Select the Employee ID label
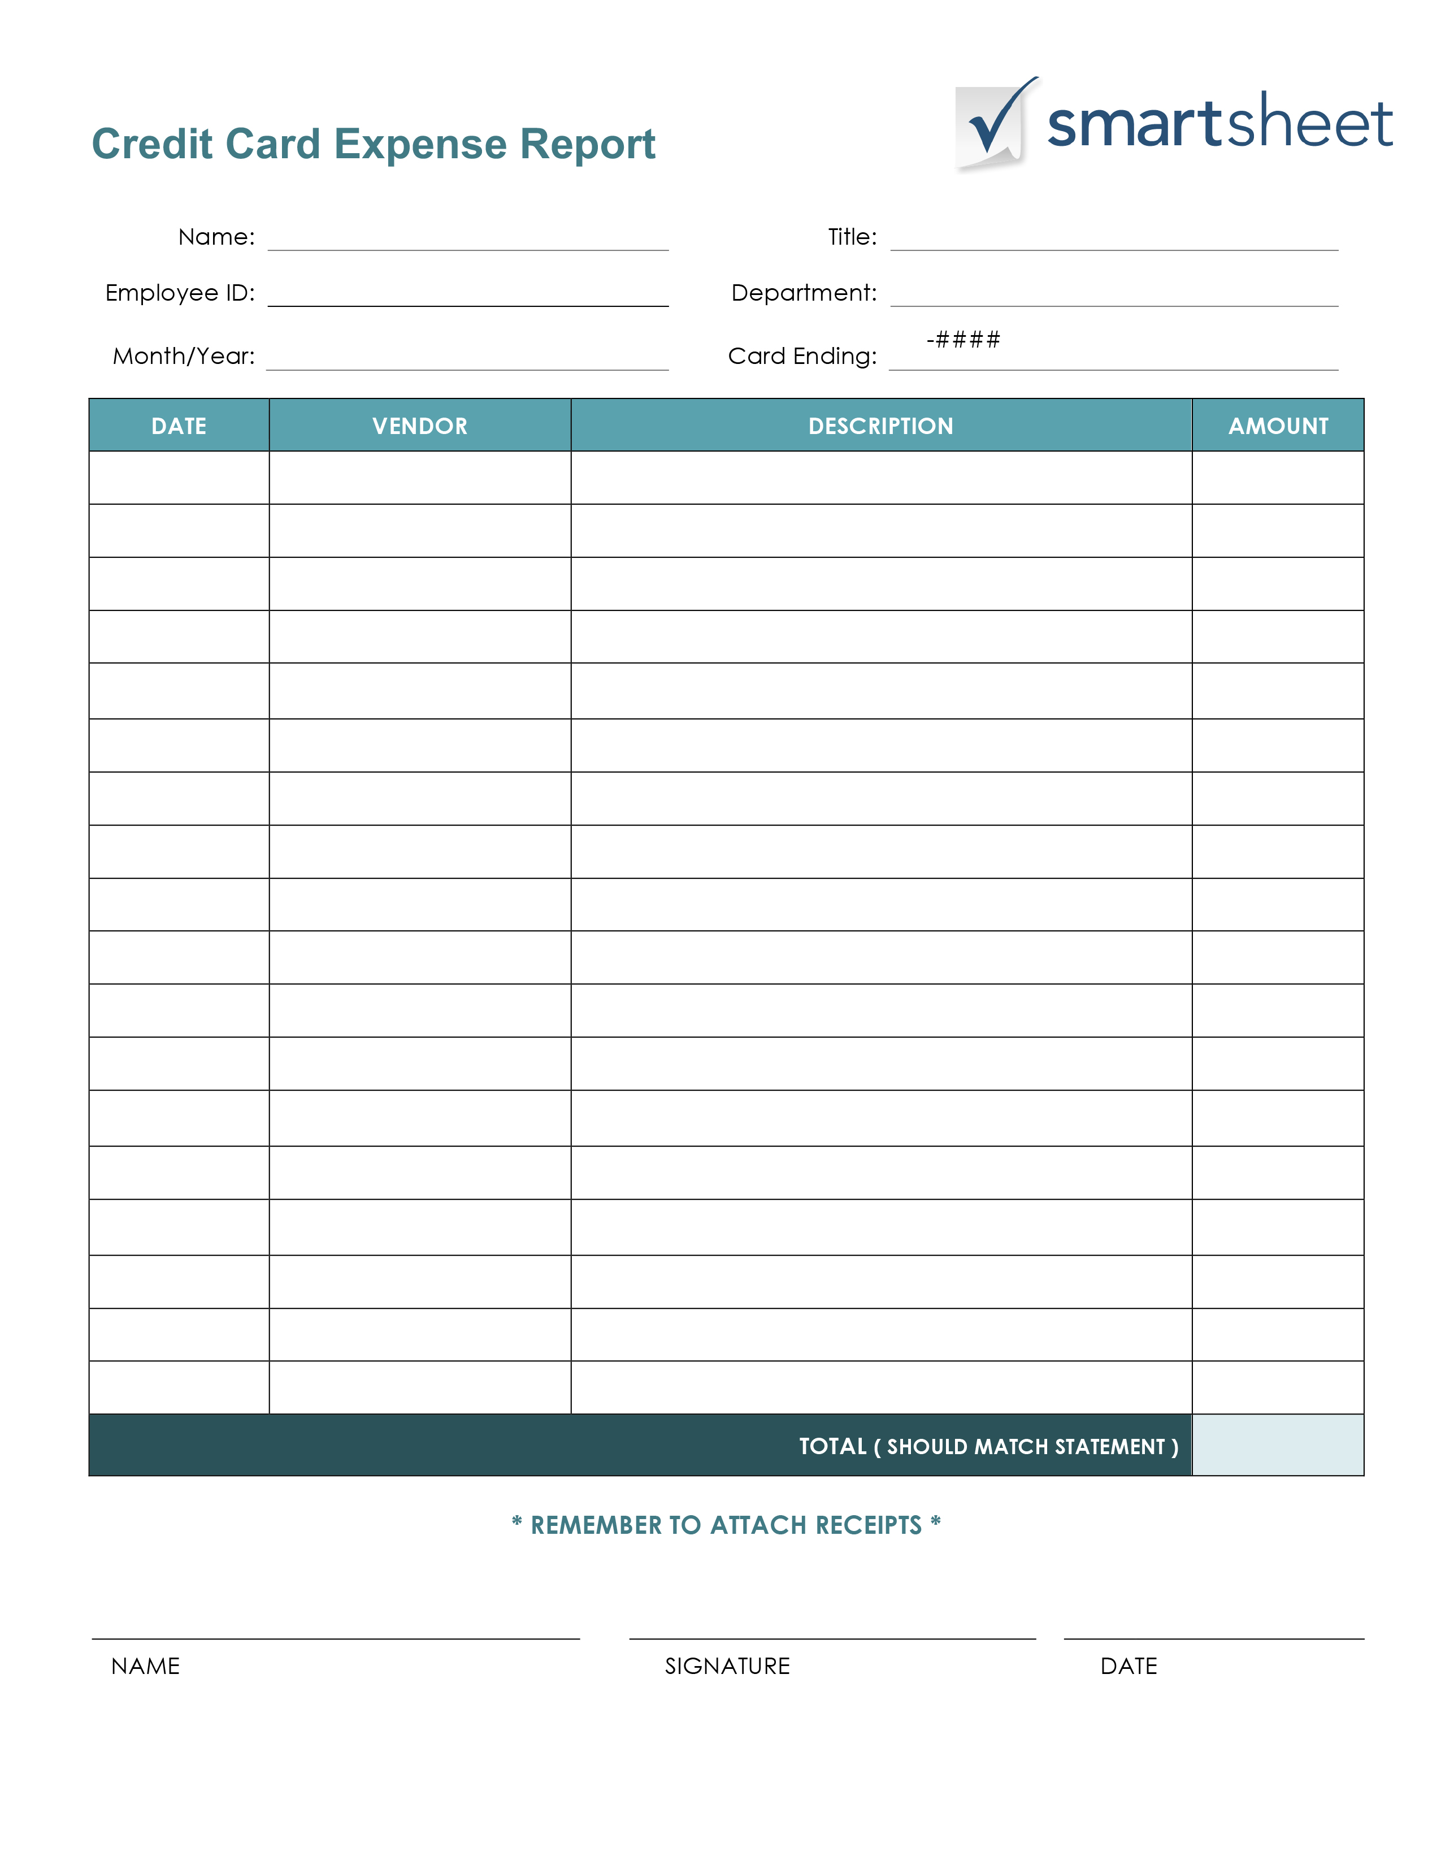point(180,293)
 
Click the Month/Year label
point(184,356)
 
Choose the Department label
point(804,293)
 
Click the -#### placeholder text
point(963,340)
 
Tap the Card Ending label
point(802,356)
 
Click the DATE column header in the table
point(179,426)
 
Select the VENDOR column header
point(420,426)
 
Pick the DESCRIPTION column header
point(881,426)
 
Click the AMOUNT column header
point(1278,426)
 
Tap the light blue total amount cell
point(1278,1445)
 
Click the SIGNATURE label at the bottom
point(727,1666)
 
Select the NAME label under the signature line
point(145,1666)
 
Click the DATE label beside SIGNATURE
point(1129,1666)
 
